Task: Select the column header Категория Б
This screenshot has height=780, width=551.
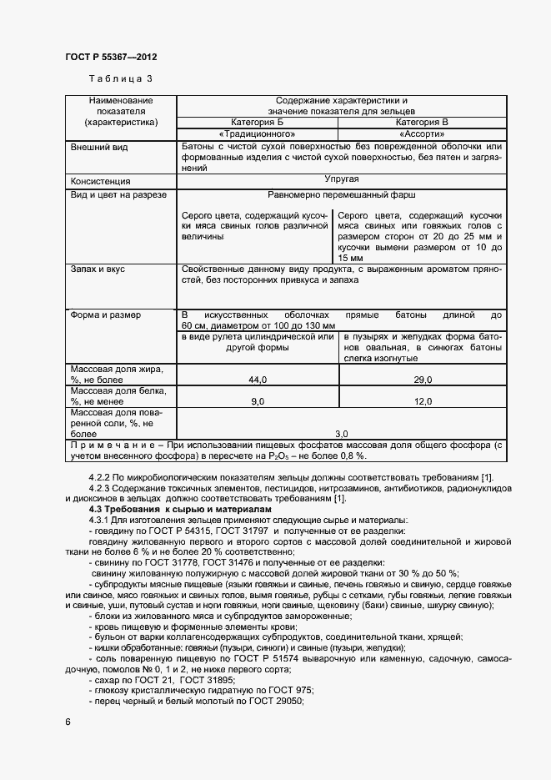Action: [257, 122]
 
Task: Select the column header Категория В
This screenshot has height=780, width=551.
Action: [422, 122]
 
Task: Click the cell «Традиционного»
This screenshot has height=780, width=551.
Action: [257, 133]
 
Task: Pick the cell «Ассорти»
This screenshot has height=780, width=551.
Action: [422, 133]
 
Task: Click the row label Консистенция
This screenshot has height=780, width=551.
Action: [101, 180]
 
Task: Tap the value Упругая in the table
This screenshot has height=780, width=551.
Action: [341, 179]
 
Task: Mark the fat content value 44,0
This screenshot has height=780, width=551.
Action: [257, 380]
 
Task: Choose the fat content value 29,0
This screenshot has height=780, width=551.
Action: [423, 380]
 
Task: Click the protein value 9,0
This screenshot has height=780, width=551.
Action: [257, 402]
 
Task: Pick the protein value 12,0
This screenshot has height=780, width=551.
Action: [423, 402]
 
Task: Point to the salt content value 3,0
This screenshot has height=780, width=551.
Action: [341, 434]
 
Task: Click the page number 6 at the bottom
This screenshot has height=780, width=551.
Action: [68, 721]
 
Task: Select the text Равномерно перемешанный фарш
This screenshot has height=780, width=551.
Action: [341, 194]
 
